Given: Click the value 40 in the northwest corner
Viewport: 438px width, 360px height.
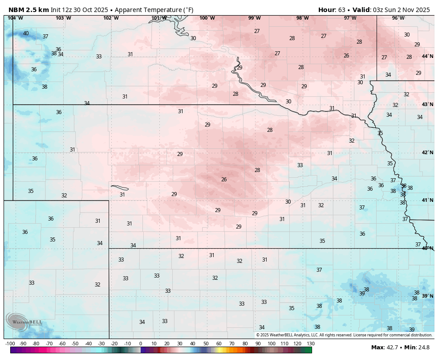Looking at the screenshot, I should click(x=26, y=33).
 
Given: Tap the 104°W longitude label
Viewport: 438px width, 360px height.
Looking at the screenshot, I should click(x=16, y=18).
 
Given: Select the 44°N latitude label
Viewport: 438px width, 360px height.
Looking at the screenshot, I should click(x=427, y=57).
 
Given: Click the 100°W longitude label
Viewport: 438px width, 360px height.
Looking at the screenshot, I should click(x=207, y=18).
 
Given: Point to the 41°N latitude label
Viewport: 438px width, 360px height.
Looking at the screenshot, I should click(x=427, y=200).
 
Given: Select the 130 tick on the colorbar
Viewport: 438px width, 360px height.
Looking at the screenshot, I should click(x=311, y=344).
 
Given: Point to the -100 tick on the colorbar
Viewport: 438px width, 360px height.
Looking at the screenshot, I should click(x=10, y=344).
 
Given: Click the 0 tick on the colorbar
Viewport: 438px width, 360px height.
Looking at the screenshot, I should click(x=141, y=344).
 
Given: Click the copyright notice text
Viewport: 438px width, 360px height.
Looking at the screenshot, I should click(x=344, y=335).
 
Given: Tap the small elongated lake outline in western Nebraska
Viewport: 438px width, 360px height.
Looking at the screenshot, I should click(x=119, y=188).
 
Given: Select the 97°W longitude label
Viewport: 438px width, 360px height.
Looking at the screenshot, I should click(x=350, y=18).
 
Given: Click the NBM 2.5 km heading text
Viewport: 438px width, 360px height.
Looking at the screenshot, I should click(x=28, y=9).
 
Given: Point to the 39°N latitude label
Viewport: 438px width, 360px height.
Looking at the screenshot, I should click(x=427, y=296).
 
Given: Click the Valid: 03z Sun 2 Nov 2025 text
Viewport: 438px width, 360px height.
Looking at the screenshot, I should click(x=391, y=9).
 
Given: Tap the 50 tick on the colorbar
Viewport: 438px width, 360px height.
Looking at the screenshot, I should click(x=206, y=344).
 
